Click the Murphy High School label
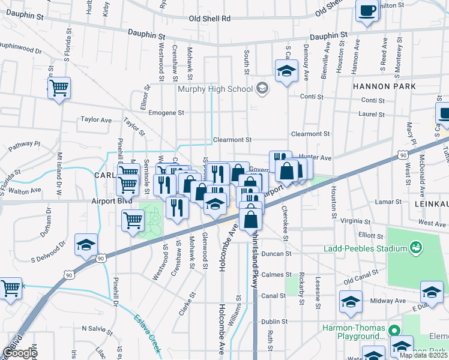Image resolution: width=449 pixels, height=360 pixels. [215, 89]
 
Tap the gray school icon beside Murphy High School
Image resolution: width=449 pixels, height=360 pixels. [262, 89]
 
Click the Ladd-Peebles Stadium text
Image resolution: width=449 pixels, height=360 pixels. [366, 248]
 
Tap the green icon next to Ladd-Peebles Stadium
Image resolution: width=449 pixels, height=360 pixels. [415, 247]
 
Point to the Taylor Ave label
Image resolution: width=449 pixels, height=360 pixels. [96, 120]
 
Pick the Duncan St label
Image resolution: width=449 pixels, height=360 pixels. [277, 254]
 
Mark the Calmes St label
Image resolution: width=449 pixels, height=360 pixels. [277, 275]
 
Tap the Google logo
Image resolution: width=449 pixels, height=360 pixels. [20, 353]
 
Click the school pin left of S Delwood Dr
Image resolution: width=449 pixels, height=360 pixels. [86, 245]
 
